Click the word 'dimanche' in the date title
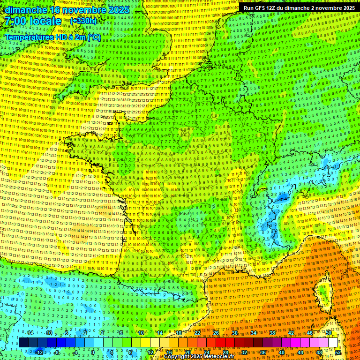(26, 10)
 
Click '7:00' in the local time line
(17, 21)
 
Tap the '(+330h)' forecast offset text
(83, 21)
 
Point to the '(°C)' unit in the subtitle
(94, 37)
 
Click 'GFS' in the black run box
(264, 8)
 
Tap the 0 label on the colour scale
(93, 352)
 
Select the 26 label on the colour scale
(216, 333)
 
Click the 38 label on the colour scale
(272, 333)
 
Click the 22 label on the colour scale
(197, 333)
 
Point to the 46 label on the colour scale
(310, 333)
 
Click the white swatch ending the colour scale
(333, 343)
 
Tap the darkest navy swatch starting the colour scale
(23, 343)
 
